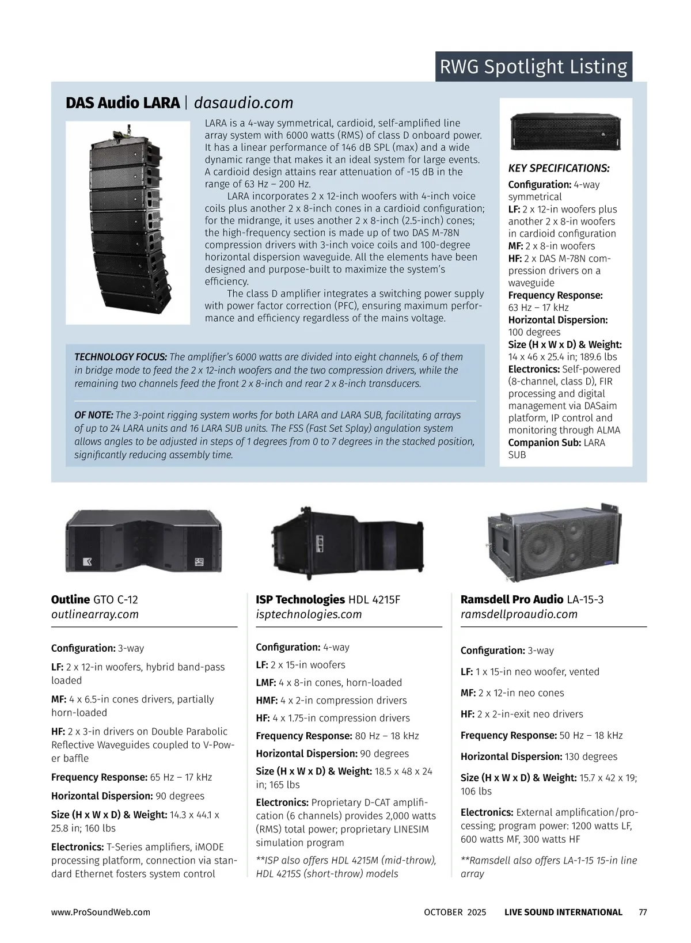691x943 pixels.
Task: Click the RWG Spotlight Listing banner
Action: pyautogui.click(x=533, y=67)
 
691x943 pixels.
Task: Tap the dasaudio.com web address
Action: pyautogui.click(x=244, y=102)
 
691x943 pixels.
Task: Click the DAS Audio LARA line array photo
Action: pyautogui.click(x=128, y=223)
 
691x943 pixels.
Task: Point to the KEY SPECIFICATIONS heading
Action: pyautogui.click(x=559, y=169)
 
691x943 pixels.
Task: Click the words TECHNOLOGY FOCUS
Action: pyautogui.click(x=121, y=357)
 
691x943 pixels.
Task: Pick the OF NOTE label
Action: pyautogui.click(x=94, y=415)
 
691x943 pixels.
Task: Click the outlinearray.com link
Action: pyautogui.click(x=95, y=614)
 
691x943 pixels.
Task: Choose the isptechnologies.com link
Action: pyautogui.click(x=309, y=614)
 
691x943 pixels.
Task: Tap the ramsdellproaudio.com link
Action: pyautogui.click(x=519, y=614)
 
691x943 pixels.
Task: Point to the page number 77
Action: pyautogui.click(x=643, y=912)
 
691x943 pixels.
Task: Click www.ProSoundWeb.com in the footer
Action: pyautogui.click(x=101, y=912)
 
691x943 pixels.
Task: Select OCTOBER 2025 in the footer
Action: pyautogui.click(x=455, y=912)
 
